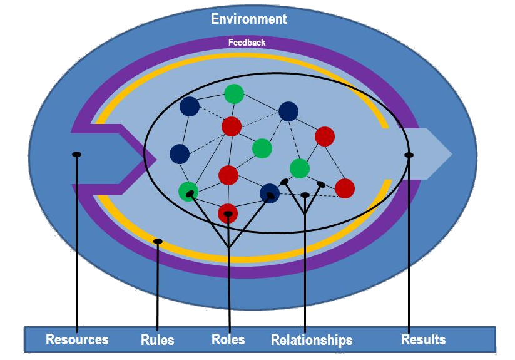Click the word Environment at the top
[249, 19]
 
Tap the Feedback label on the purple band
[247, 43]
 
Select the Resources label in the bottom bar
[77, 339]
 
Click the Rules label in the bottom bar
[157, 340]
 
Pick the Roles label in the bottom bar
[228, 339]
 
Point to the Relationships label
[312, 340]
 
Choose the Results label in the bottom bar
[423, 339]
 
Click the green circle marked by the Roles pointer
[188, 192]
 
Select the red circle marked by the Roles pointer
[228, 213]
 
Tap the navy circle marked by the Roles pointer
[270, 193]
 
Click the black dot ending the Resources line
[76, 154]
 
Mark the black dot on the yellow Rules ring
[158, 241]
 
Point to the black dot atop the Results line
[409, 155]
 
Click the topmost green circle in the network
[234, 94]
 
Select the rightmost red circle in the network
[345, 188]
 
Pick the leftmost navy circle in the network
[180, 153]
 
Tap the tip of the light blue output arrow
[451, 154]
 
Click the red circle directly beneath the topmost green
[232, 126]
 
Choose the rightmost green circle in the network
[300, 168]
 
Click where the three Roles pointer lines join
[228, 247]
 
